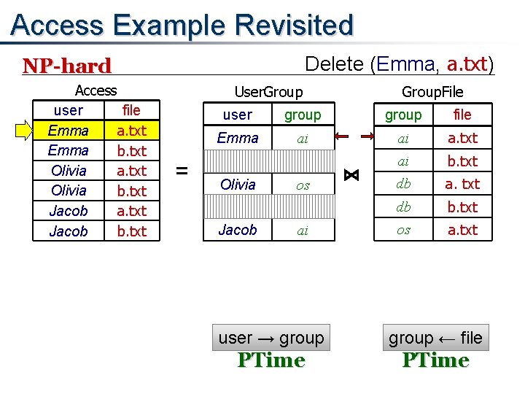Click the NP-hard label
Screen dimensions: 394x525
(67, 66)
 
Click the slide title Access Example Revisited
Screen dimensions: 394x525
(182, 25)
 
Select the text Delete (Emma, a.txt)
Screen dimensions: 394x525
(399, 64)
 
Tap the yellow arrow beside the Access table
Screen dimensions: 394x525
(25, 131)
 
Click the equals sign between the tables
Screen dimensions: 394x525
(182, 171)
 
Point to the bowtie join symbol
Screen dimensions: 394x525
(351, 175)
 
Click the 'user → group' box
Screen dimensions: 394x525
(271, 338)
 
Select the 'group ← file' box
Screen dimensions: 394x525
(435, 338)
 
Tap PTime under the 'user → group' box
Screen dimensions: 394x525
(271, 360)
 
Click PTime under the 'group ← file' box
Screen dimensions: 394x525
(435, 360)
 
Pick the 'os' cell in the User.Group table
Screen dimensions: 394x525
(303, 185)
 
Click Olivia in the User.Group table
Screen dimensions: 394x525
(238, 185)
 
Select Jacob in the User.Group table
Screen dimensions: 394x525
(238, 230)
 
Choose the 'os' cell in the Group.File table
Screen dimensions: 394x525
(403, 230)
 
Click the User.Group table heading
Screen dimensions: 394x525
(268, 92)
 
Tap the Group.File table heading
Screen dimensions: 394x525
(432, 92)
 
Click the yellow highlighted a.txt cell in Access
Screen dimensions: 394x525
(132, 131)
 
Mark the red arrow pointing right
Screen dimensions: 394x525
(367, 136)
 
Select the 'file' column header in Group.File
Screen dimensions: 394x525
(462, 115)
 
